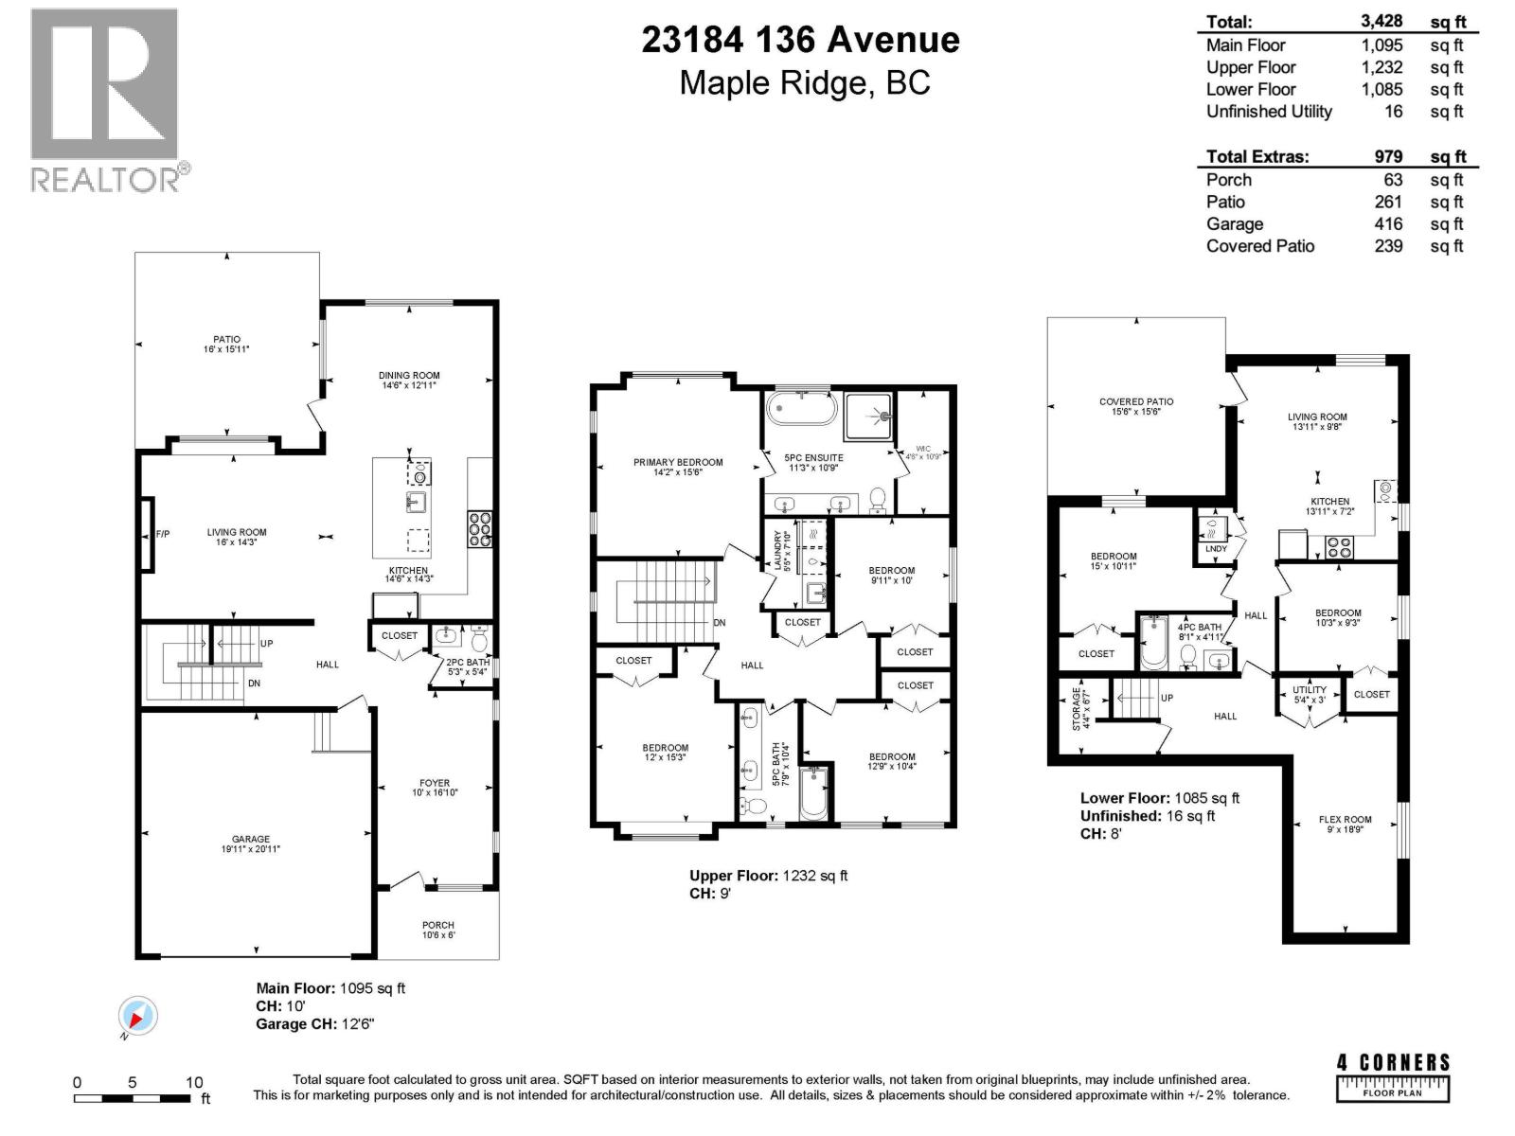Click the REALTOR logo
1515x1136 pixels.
(105, 99)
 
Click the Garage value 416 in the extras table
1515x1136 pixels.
(1388, 224)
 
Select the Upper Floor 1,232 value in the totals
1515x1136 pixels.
(1381, 67)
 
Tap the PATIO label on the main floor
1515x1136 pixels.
(226, 339)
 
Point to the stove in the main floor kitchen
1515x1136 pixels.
(479, 529)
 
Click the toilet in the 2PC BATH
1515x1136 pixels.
(479, 642)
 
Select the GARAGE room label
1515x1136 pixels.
(251, 839)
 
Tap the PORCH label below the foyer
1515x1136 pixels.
(438, 925)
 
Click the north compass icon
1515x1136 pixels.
(137, 1018)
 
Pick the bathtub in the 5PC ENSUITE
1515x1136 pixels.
(802, 409)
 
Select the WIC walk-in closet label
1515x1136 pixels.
(922, 449)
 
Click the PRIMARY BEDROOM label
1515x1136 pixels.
(678, 462)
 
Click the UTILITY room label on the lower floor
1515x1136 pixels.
(1310, 690)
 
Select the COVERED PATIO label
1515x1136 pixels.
(1136, 401)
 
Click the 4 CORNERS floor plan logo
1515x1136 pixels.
(1392, 1076)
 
